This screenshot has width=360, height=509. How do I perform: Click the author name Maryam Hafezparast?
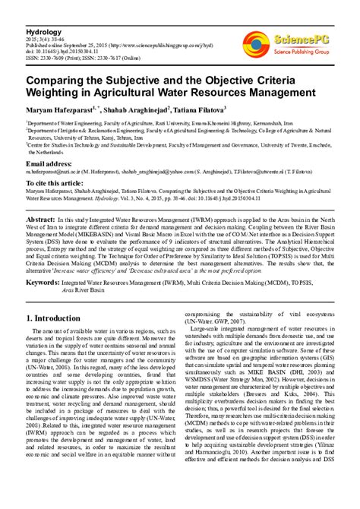pos(62,110)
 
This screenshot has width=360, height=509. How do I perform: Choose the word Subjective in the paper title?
pos(139,80)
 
